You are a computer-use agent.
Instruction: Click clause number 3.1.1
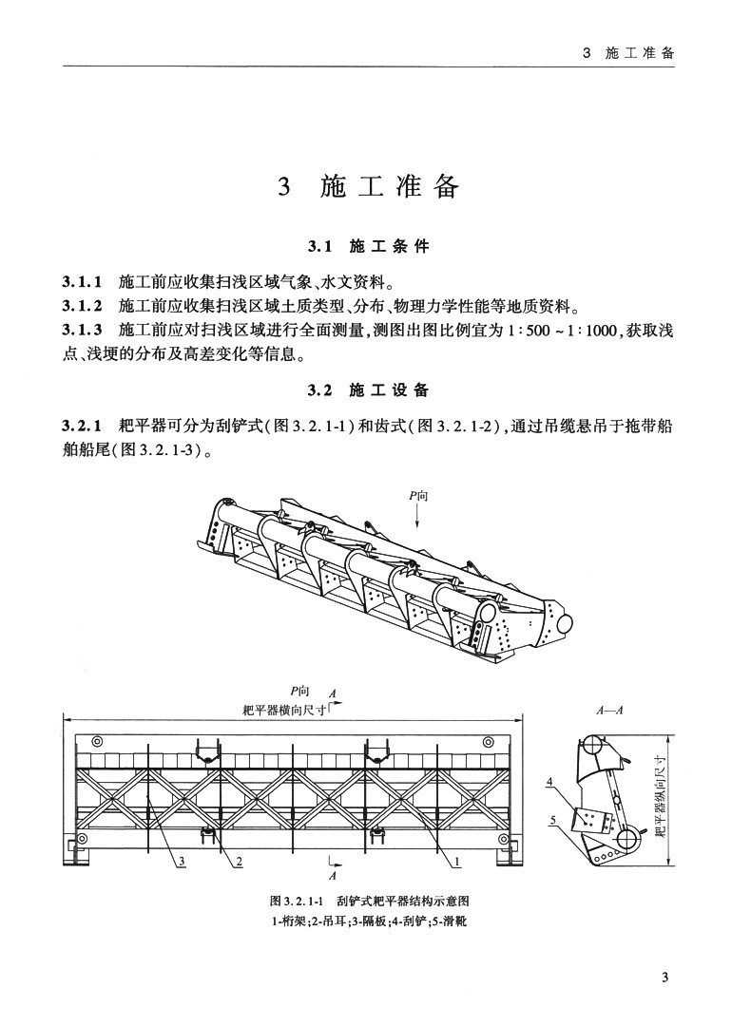[83, 282]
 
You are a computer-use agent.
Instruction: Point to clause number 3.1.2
[83, 307]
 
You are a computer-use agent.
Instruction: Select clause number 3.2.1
[83, 425]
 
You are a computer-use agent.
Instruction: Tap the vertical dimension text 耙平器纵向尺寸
[659, 796]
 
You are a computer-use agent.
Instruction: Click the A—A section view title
[608, 709]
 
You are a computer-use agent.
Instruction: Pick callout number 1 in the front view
[457, 862]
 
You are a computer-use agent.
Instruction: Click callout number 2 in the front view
[239, 862]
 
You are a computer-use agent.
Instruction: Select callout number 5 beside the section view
[550, 818]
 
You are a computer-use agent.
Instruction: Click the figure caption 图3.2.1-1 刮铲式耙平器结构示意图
[371, 900]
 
